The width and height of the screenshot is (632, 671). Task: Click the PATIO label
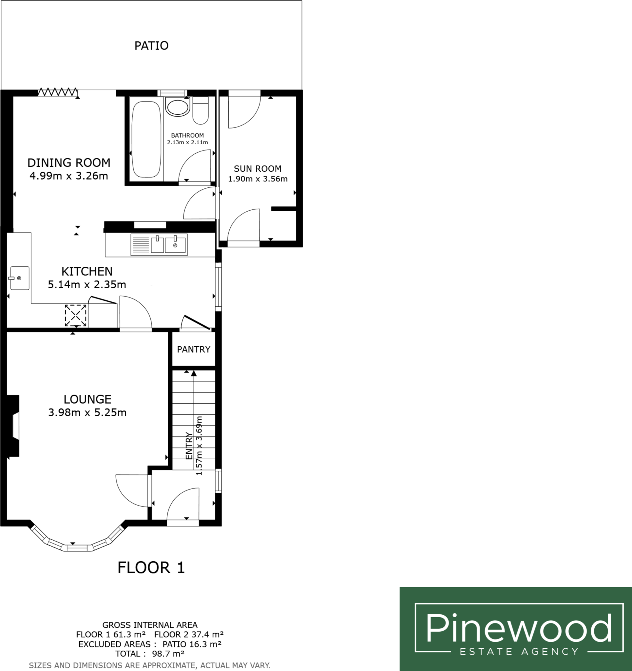pyautogui.click(x=151, y=46)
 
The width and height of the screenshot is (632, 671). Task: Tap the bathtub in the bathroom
pyautogui.click(x=146, y=139)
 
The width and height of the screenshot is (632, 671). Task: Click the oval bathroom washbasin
pyautogui.click(x=178, y=107)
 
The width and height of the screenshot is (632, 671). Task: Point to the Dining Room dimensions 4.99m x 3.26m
pyautogui.click(x=68, y=176)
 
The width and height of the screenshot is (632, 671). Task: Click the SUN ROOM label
pyautogui.click(x=257, y=169)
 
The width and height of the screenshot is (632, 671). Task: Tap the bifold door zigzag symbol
pyautogui.click(x=57, y=92)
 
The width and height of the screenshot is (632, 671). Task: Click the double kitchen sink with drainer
pyautogui.click(x=159, y=245)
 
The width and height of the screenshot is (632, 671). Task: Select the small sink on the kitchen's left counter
pyautogui.click(x=19, y=278)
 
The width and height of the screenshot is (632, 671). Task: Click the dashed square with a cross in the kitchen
pyautogui.click(x=76, y=315)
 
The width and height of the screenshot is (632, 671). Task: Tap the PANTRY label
pyautogui.click(x=193, y=349)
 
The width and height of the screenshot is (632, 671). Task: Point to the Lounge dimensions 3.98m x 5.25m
pyautogui.click(x=87, y=412)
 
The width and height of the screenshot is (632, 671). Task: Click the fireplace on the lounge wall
pyautogui.click(x=13, y=426)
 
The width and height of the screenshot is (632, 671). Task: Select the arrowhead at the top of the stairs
pyautogui.click(x=194, y=373)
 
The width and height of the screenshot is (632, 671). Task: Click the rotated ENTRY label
pyautogui.click(x=189, y=446)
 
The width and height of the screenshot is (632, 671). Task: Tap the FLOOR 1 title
pyautogui.click(x=151, y=568)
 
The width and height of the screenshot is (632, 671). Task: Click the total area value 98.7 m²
pyautogui.click(x=168, y=654)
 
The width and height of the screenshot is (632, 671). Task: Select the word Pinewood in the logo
pyautogui.click(x=519, y=628)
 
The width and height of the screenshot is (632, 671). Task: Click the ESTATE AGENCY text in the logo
pyautogui.click(x=519, y=651)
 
